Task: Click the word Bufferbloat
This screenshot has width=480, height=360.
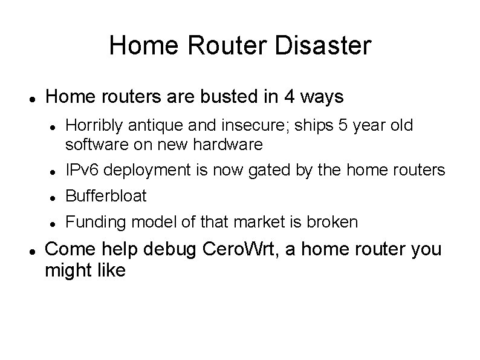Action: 106,197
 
